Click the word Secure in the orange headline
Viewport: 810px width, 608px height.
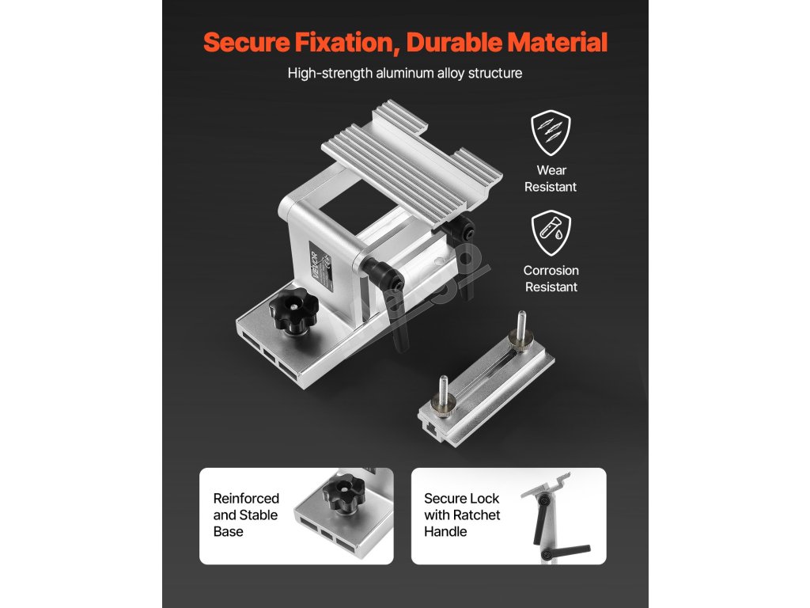pyautogui.click(x=246, y=42)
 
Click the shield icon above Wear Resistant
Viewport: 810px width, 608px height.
pyautogui.click(x=551, y=132)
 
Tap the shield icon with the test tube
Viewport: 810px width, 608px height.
pyautogui.click(x=551, y=233)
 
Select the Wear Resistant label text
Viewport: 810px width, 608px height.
pyautogui.click(x=551, y=178)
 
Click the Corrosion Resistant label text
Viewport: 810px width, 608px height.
pyautogui.click(x=551, y=279)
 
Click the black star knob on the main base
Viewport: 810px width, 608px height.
pyautogui.click(x=293, y=310)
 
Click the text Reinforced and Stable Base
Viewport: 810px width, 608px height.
pyautogui.click(x=246, y=515)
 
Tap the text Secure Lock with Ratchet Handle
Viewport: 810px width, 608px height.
pyautogui.click(x=462, y=515)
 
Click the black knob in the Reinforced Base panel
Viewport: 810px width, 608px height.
pyautogui.click(x=343, y=495)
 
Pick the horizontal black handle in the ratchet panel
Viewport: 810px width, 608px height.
pyautogui.click(x=566, y=551)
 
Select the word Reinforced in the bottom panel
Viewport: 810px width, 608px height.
pyautogui.click(x=246, y=499)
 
